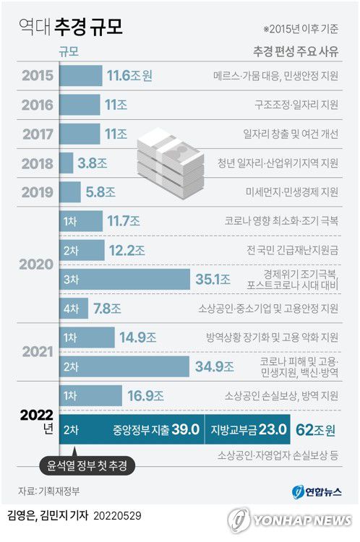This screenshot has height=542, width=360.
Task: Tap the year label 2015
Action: click(37, 75)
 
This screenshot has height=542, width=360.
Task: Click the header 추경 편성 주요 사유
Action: click(295, 51)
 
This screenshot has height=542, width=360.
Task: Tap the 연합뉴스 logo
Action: click(315, 492)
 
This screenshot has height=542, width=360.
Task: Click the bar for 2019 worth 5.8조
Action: click(69, 192)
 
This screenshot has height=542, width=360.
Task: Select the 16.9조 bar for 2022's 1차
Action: click(90, 395)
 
